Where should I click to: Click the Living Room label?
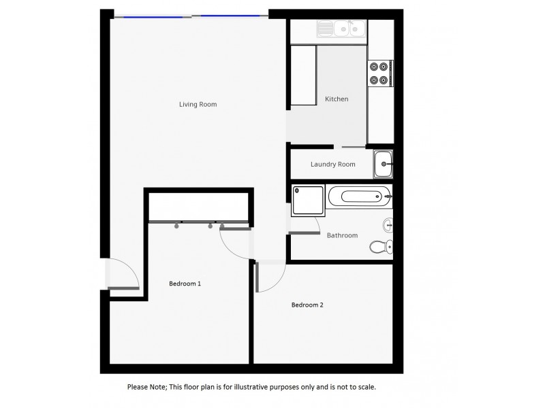[198, 104]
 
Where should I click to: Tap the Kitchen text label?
[337, 99]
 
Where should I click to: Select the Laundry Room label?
[332, 165]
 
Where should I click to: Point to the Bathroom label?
[342, 235]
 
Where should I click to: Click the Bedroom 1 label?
[185, 283]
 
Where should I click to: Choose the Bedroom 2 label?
[307, 305]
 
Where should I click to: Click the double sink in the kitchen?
[341, 29]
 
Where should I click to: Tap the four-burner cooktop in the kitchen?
[379, 73]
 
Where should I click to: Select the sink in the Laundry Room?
[383, 164]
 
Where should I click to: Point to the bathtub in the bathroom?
[359, 197]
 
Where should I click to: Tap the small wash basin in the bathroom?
[388, 224]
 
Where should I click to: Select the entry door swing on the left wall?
[125, 275]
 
